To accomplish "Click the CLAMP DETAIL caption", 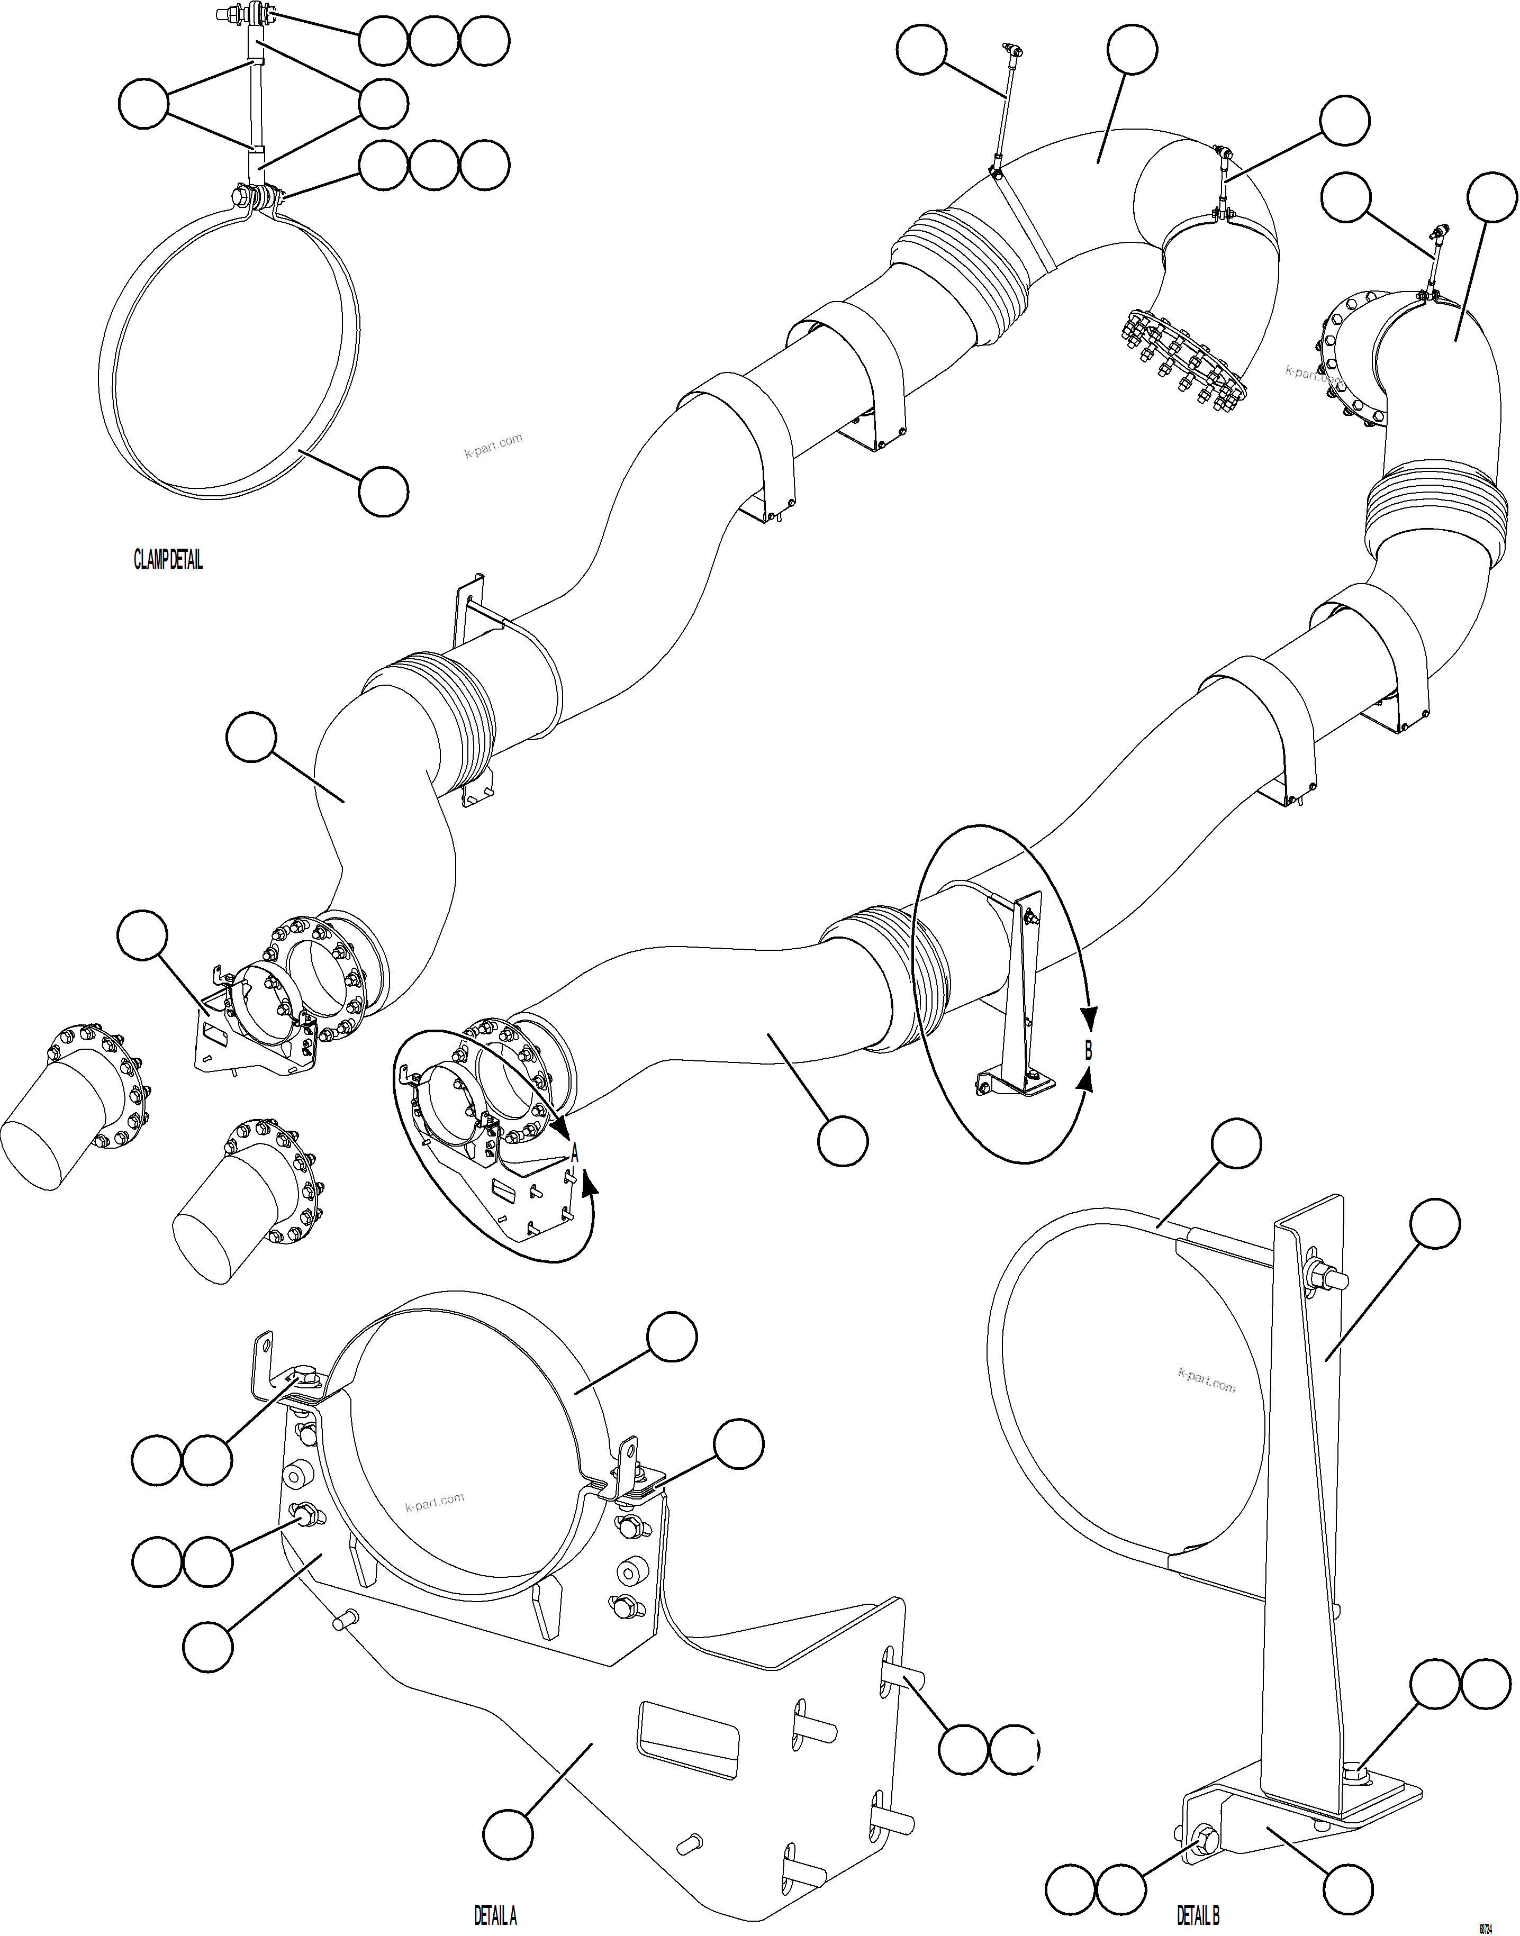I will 168,560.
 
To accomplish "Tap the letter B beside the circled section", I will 1088,1050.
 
